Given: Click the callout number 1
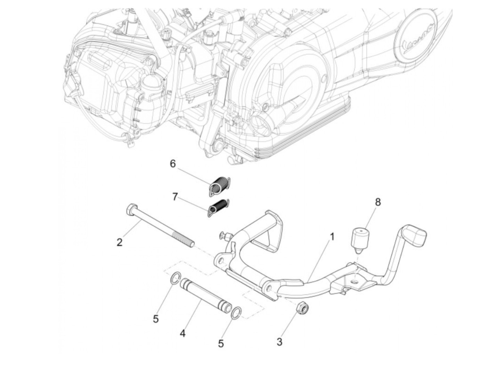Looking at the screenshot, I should [x=332, y=237].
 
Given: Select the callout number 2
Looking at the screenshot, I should [x=119, y=242].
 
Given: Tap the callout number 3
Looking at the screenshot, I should [x=279, y=342].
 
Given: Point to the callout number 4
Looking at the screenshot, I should [x=182, y=334].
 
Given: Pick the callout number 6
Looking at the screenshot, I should [x=173, y=164].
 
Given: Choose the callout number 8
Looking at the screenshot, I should [x=378, y=202].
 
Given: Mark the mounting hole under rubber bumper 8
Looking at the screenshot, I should [x=354, y=280].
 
